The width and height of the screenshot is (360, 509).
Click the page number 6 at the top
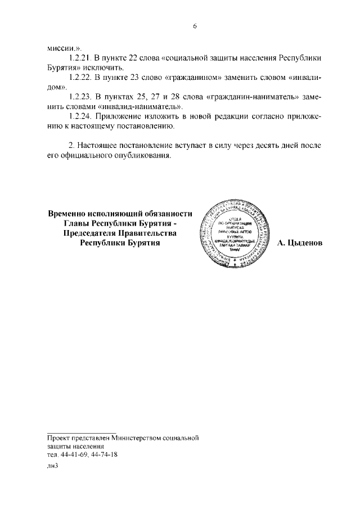(194, 26)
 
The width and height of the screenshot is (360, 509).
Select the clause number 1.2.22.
(79, 77)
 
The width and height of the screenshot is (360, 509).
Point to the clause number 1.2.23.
(79, 96)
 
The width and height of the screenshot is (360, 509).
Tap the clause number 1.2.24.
(79, 116)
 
